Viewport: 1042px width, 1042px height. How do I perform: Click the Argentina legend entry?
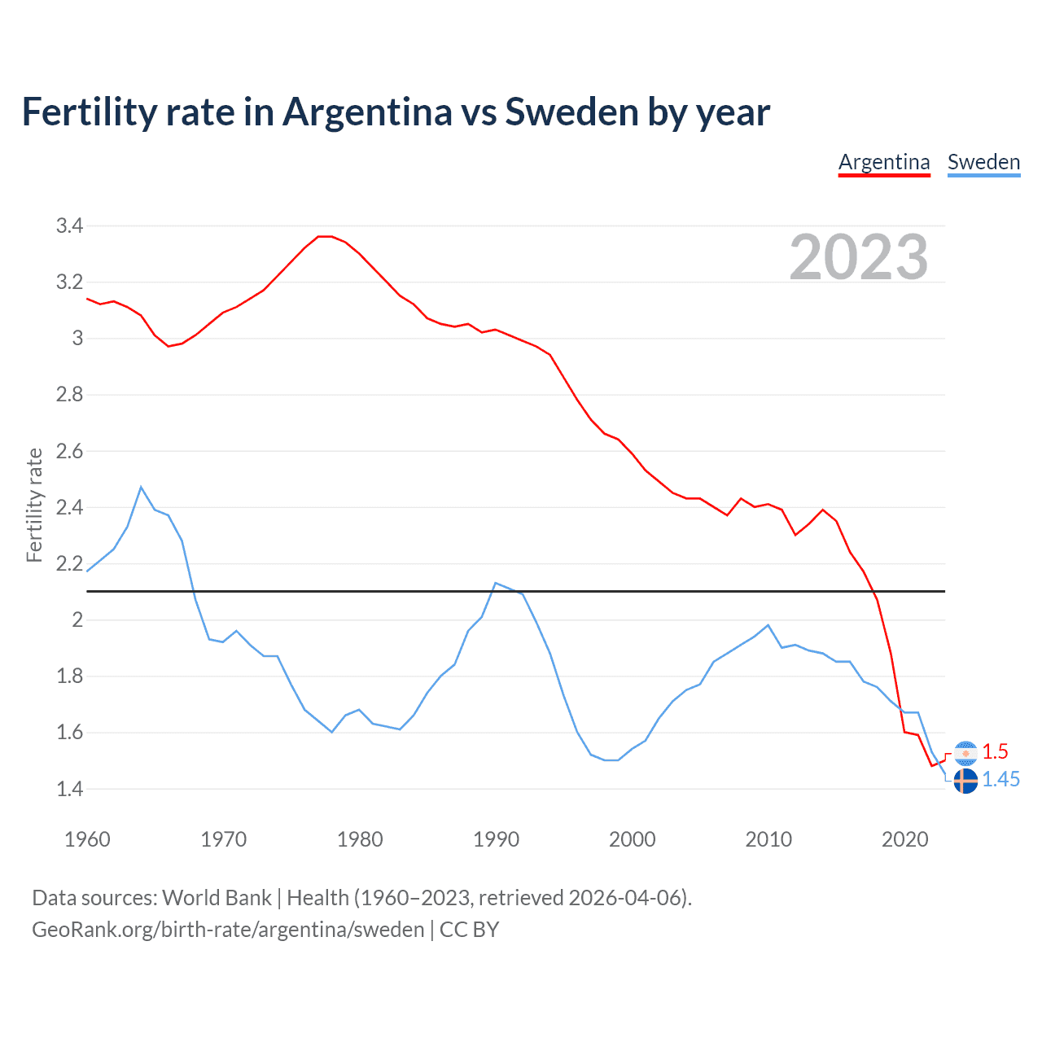click(x=884, y=162)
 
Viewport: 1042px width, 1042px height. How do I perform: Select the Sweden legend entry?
click(x=983, y=162)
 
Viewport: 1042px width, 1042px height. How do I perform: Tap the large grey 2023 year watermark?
click(x=859, y=257)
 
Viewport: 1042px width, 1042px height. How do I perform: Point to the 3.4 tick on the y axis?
click(x=69, y=225)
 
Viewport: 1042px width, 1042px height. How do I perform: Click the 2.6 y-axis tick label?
click(x=69, y=451)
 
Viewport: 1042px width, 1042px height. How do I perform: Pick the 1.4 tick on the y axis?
click(x=69, y=789)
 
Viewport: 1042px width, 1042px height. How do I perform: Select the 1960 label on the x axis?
click(x=87, y=839)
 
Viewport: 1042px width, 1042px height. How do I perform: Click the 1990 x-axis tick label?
click(x=496, y=839)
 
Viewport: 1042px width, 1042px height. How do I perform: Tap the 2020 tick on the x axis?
click(x=904, y=839)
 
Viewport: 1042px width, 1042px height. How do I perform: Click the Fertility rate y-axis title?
click(x=34, y=505)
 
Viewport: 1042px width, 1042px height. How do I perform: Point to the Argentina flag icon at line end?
click(x=965, y=753)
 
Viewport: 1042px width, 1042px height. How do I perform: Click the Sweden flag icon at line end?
click(x=965, y=781)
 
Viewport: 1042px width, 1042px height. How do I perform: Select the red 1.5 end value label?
click(x=995, y=751)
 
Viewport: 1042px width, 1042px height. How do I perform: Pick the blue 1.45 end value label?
click(x=1000, y=780)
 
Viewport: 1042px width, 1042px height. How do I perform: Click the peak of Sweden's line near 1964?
click(x=141, y=487)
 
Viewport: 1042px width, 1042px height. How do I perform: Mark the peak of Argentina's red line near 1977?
click(x=325, y=236)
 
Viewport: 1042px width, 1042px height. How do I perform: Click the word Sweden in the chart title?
click(x=572, y=112)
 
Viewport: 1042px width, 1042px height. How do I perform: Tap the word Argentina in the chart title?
click(x=366, y=112)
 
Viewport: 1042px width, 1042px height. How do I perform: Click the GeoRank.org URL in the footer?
click(x=228, y=930)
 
